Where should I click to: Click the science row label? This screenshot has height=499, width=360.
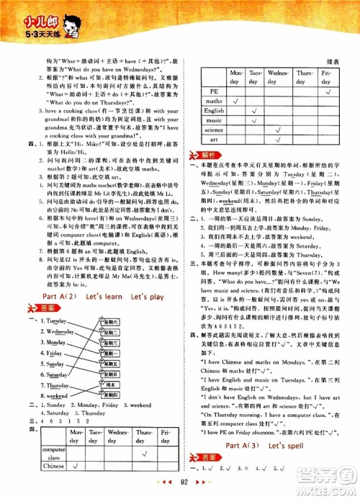coord(214,130)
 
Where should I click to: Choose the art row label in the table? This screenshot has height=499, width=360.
coord(214,140)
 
